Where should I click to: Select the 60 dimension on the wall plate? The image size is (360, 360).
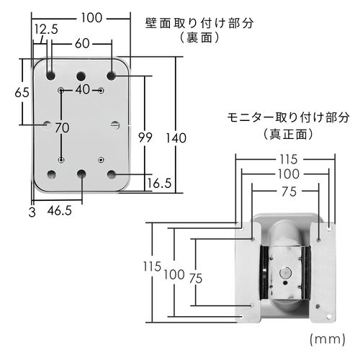[x=81, y=44]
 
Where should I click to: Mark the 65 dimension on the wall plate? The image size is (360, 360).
[x=22, y=93]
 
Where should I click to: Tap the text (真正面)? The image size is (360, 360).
[x=287, y=133]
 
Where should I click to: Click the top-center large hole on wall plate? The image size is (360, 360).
[x=81, y=75]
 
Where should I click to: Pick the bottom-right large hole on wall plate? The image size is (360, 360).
[x=112, y=174]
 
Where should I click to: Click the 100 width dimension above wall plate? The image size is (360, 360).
[x=90, y=17]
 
